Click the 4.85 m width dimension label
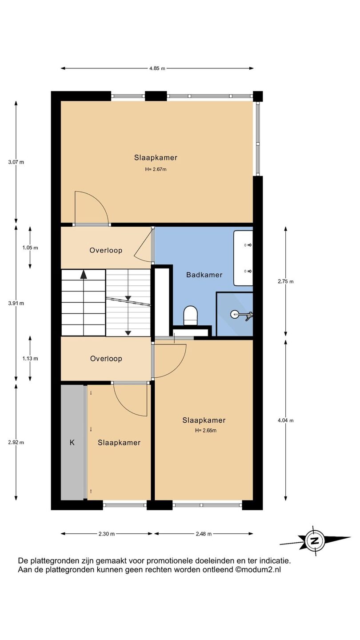click(157, 68)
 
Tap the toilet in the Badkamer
click(190, 315)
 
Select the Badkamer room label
click(204, 275)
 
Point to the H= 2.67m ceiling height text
click(156, 169)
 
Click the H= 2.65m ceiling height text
click(206, 431)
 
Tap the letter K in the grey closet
click(72, 443)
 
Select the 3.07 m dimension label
click(16, 162)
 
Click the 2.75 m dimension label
click(285, 281)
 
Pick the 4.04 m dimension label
click(285, 420)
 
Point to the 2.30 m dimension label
click(107, 534)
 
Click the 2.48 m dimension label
click(204, 534)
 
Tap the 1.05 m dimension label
click(30, 248)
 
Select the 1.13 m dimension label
click(30, 359)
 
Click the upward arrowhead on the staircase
click(84, 275)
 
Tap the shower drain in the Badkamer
click(234, 314)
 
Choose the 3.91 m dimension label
click(16, 303)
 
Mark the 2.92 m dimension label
click(16, 442)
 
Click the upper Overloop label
click(106, 251)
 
